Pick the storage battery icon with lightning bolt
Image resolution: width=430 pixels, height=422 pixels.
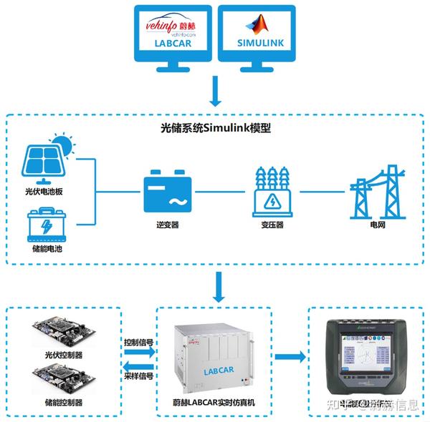pyautogui.click(x=44, y=225)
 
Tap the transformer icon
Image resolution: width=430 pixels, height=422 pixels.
pyautogui.click(x=273, y=192)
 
